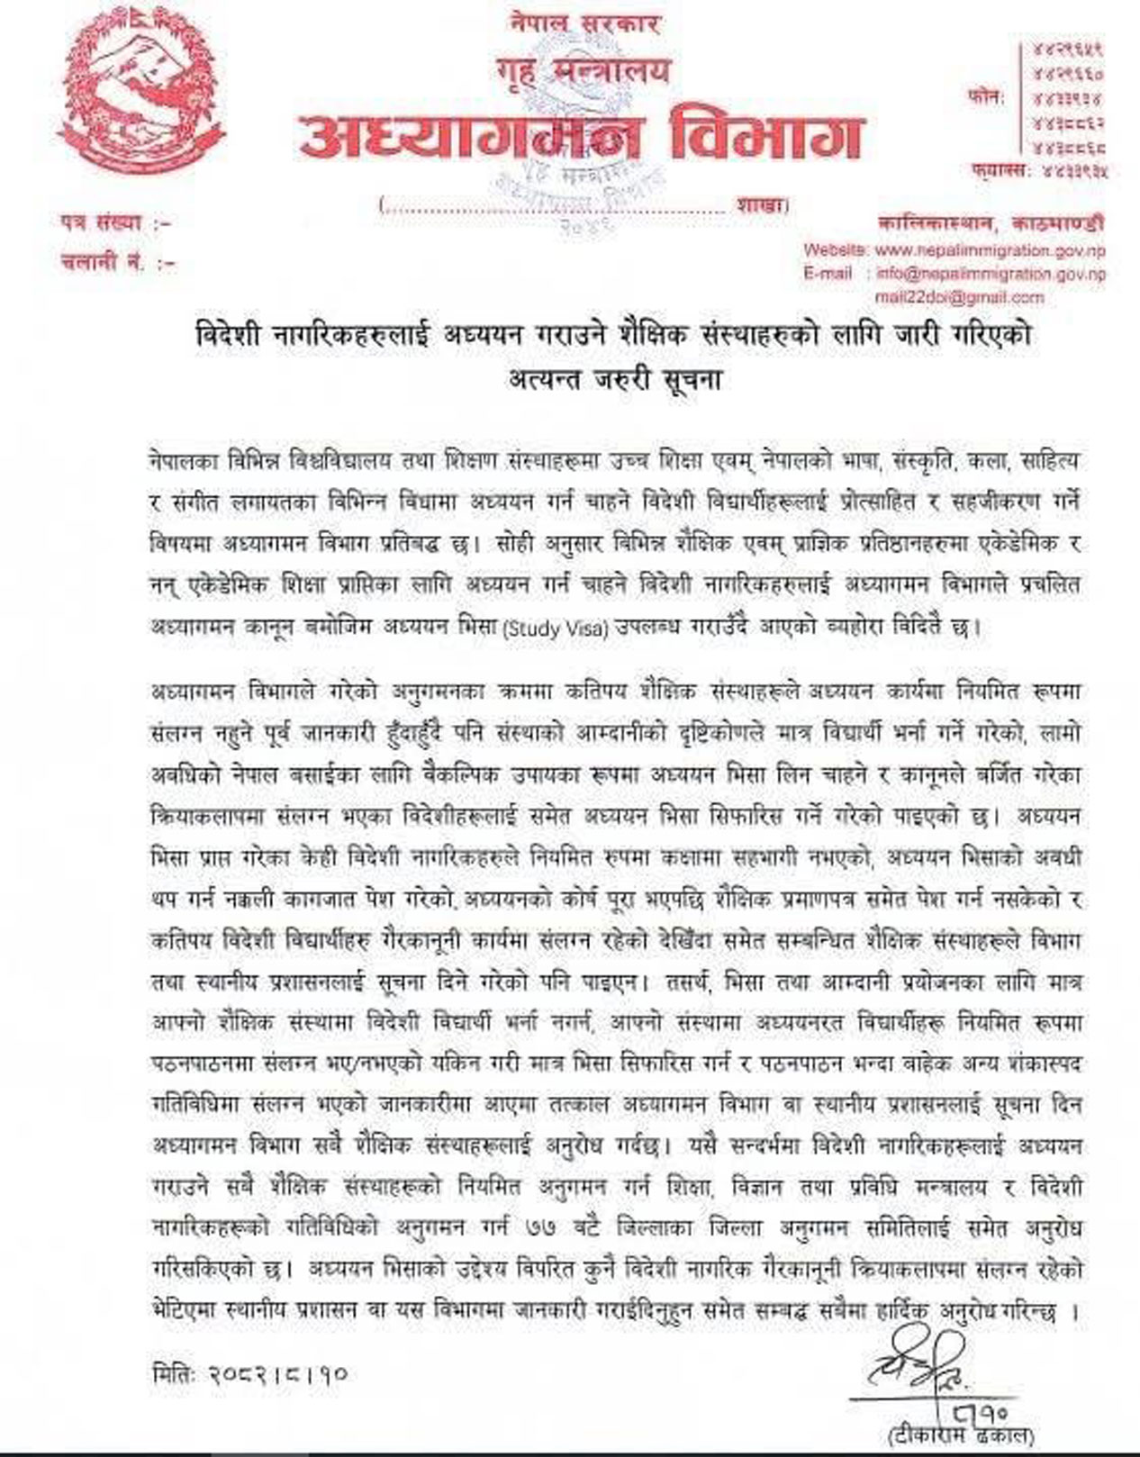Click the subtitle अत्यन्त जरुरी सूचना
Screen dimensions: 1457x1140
pos(613,378)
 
